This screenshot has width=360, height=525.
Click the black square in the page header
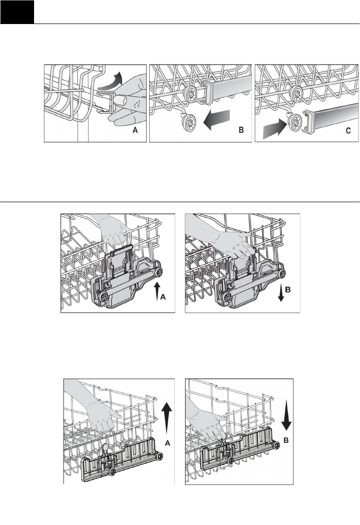[x=17, y=12]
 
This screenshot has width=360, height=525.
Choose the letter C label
[x=347, y=132]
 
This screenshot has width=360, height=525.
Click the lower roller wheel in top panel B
[x=189, y=123]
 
